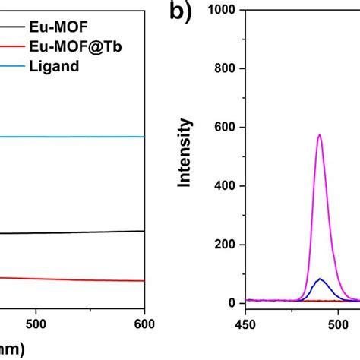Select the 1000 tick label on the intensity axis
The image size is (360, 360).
pyautogui.click(x=223, y=10)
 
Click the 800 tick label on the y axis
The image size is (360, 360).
pyautogui.click(x=226, y=68)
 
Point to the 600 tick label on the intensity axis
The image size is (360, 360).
pyautogui.click(x=226, y=127)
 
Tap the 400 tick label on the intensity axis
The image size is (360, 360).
pyautogui.click(x=226, y=185)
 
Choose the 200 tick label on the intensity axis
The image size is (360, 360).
pyautogui.click(x=226, y=245)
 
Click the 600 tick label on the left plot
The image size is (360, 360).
pyautogui.click(x=144, y=321)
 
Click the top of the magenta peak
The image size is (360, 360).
pyautogui.click(x=320, y=134)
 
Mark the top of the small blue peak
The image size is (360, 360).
pyautogui.click(x=320, y=279)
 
